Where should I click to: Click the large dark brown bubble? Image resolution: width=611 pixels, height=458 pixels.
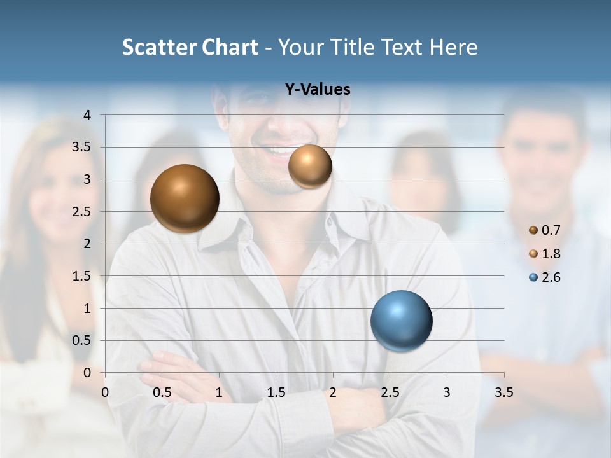pyautogui.click(x=185, y=198)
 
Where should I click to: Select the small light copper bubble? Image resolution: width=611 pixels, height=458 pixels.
pyautogui.click(x=310, y=166)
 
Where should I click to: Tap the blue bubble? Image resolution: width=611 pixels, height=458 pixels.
pyautogui.click(x=401, y=321)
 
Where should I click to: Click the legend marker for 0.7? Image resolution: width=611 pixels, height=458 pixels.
pyautogui.click(x=533, y=230)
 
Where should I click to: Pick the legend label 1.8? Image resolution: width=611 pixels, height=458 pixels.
pyautogui.click(x=551, y=254)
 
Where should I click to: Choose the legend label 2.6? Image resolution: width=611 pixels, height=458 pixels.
pyautogui.click(x=551, y=277)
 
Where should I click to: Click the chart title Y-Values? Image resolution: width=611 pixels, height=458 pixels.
pyautogui.click(x=318, y=90)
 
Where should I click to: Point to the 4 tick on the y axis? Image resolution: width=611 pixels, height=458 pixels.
pyautogui.click(x=87, y=115)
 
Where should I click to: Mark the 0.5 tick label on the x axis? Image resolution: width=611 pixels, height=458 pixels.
pyautogui.click(x=162, y=392)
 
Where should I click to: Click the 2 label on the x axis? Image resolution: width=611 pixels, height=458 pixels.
pyautogui.click(x=333, y=392)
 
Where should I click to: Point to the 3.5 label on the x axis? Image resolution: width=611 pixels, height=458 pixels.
pyautogui.click(x=503, y=392)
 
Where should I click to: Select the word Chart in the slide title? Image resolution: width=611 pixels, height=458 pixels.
pyautogui.click(x=230, y=47)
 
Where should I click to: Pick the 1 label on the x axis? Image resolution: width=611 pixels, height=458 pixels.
pyautogui.click(x=219, y=392)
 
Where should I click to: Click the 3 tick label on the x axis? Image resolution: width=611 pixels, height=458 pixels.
pyautogui.click(x=446, y=392)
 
